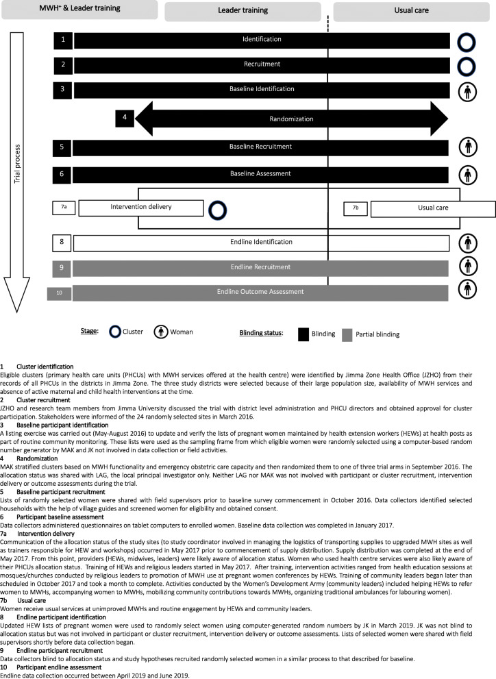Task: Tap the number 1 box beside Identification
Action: pyautogui.click(x=63, y=40)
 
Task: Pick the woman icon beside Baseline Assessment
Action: pyautogui.click(x=467, y=175)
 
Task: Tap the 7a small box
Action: pyautogui.click(x=64, y=206)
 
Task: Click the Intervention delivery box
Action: pyautogui.click(x=142, y=206)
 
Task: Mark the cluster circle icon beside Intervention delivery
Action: pyautogui.click(x=218, y=209)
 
